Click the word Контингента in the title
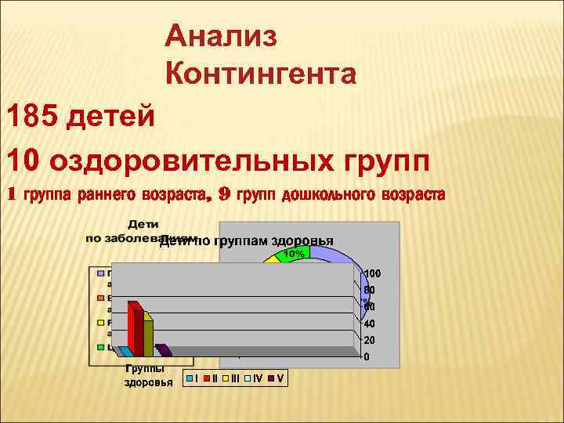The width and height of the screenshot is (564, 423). [x=261, y=75]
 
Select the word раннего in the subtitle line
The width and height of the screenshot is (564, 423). [x=109, y=195]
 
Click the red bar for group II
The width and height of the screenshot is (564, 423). [x=133, y=329]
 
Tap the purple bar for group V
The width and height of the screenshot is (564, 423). [x=164, y=350]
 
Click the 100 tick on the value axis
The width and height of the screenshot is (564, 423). [x=372, y=273]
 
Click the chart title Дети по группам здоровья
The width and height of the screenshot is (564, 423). [x=247, y=240]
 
